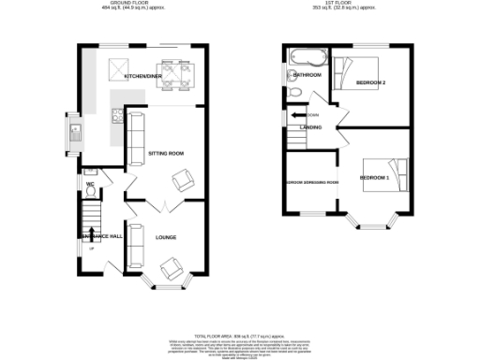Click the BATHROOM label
pos(308,75)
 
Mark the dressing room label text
pos(312,183)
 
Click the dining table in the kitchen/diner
pos(172,71)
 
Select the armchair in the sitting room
pos(185,180)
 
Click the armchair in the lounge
pos(172,270)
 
